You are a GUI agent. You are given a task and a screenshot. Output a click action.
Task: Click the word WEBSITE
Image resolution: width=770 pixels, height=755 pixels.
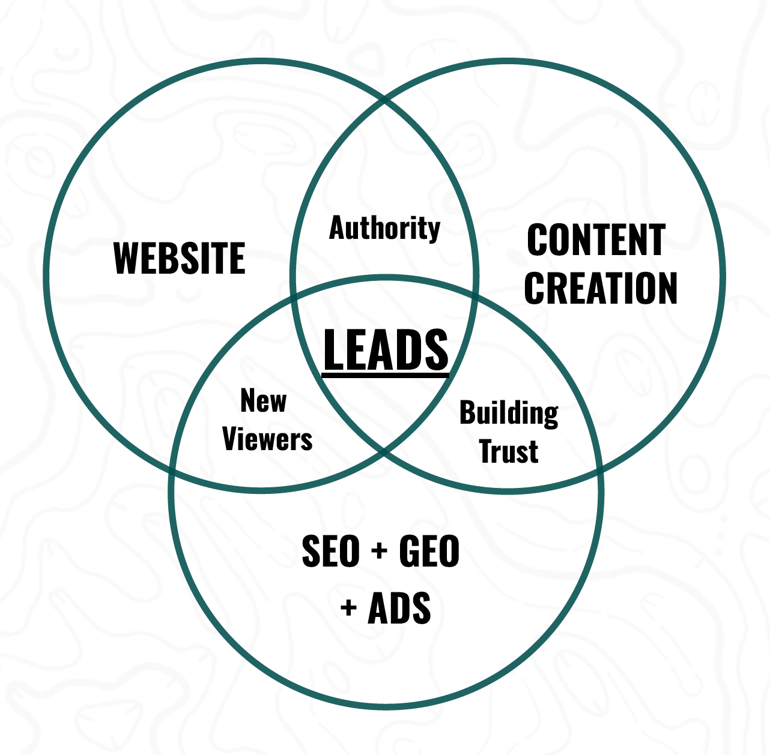click(179, 258)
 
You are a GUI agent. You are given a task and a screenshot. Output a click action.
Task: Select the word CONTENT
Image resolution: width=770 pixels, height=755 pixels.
click(596, 240)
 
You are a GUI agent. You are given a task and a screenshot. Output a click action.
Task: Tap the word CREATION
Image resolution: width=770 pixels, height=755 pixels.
click(601, 288)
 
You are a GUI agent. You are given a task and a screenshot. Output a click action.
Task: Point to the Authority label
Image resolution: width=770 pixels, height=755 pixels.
click(384, 229)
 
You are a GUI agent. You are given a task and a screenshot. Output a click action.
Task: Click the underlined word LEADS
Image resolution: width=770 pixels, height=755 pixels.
click(386, 350)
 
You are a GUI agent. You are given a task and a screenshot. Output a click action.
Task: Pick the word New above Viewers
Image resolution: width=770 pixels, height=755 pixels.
click(263, 400)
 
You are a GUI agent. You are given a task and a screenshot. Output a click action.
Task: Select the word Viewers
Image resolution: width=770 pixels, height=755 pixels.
click(267, 439)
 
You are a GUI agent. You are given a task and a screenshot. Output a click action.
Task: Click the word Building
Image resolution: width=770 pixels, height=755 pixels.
click(509, 414)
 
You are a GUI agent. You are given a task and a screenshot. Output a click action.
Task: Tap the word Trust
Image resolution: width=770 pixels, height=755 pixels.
click(509, 451)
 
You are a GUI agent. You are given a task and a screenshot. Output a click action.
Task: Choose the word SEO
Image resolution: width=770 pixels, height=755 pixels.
click(330, 552)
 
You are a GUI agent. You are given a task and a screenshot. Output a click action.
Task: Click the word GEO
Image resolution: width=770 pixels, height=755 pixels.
click(429, 552)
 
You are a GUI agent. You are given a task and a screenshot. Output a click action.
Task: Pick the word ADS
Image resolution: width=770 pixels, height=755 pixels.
click(399, 608)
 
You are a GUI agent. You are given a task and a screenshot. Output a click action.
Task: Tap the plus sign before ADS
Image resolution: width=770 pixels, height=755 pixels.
click(348, 608)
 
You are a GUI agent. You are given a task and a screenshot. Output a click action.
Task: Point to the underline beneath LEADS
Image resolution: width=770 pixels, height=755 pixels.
click(386, 376)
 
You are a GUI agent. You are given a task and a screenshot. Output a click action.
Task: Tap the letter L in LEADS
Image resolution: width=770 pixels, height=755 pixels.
click(332, 350)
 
